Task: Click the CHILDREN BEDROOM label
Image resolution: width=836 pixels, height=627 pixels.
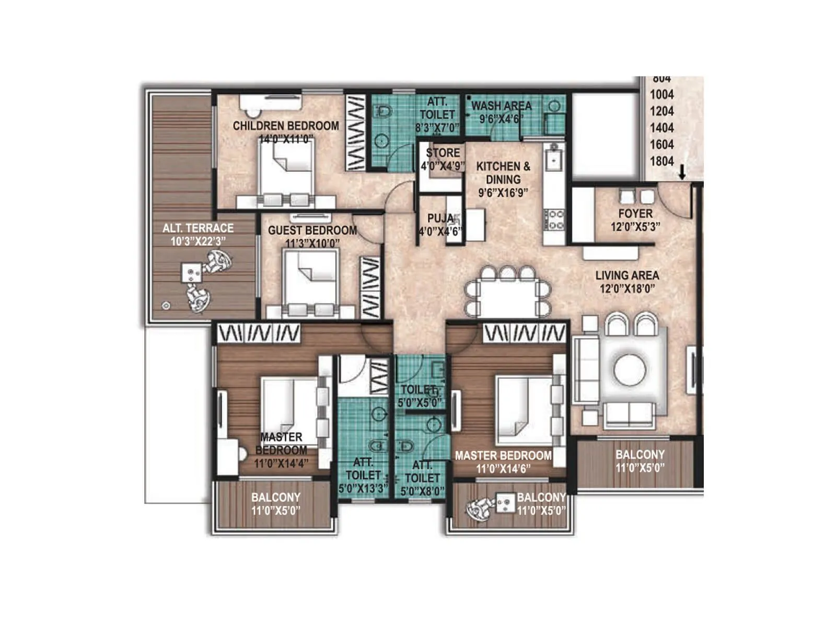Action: tap(286, 126)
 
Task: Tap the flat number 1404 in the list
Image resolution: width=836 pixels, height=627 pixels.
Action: tap(661, 128)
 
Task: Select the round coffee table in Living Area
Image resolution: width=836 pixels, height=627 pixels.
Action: tap(630, 370)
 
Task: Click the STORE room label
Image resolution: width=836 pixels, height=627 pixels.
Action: tap(443, 153)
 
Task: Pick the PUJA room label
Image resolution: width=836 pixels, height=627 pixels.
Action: tap(440, 218)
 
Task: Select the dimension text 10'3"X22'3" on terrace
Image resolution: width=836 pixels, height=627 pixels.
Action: tap(198, 241)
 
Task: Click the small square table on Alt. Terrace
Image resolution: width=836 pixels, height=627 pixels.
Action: tap(191, 272)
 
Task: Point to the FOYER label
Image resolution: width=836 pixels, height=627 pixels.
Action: tap(635, 214)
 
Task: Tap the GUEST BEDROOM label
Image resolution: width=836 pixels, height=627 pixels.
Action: tap(312, 230)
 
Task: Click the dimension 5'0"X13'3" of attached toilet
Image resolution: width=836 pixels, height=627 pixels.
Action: tap(363, 489)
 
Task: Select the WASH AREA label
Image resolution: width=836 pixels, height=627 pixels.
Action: tap(501, 106)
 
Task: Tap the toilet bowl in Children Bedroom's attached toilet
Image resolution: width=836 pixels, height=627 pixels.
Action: tap(384, 111)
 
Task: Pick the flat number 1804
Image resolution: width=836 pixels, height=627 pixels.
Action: tap(661, 161)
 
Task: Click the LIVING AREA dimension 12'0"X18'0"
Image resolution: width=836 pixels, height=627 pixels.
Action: tap(627, 288)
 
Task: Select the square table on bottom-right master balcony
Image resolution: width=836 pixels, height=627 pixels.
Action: tap(505, 503)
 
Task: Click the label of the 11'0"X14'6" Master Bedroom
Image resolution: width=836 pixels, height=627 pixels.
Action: tap(503, 456)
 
